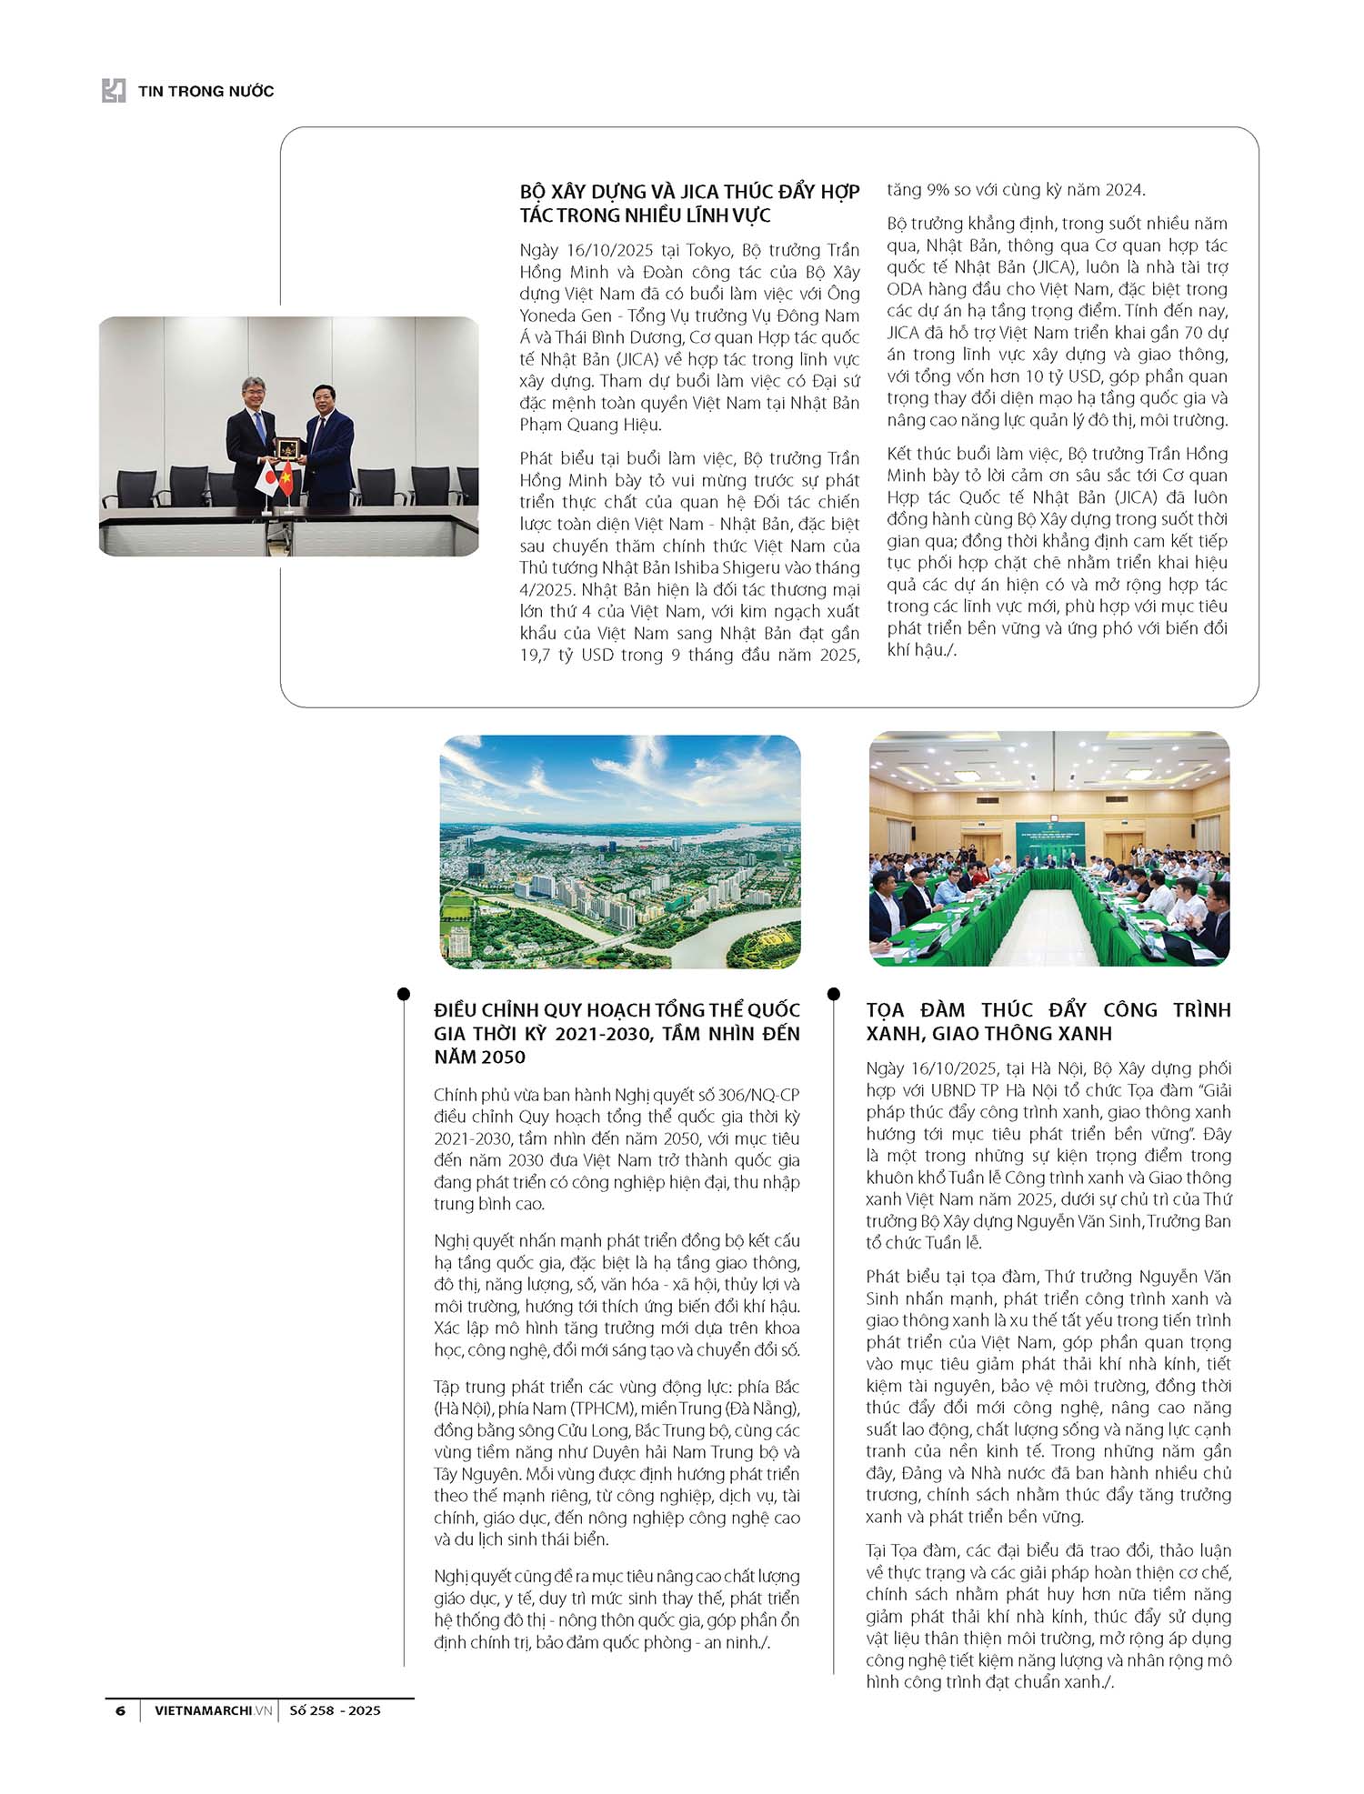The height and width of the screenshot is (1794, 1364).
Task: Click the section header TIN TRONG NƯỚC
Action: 206,91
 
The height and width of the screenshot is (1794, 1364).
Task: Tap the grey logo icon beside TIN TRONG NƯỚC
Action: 114,91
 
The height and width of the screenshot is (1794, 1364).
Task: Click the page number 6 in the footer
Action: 120,1710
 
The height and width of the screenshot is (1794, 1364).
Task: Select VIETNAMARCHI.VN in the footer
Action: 213,1710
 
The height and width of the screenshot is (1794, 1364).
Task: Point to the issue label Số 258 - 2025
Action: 335,1710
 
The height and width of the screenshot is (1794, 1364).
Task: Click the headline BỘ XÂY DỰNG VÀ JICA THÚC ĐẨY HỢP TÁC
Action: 689,204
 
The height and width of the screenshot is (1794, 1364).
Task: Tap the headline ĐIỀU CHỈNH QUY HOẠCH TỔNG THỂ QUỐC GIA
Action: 617,1033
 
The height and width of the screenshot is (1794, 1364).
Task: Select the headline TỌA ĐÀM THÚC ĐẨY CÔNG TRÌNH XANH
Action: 1048,1021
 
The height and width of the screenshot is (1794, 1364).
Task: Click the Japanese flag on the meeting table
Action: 266,474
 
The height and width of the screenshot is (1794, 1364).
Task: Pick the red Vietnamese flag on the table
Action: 286,476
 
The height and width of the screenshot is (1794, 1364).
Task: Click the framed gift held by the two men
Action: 288,446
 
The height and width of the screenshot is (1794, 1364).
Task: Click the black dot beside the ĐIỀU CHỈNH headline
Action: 404,994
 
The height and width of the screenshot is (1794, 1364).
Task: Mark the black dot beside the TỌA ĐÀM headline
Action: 834,994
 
